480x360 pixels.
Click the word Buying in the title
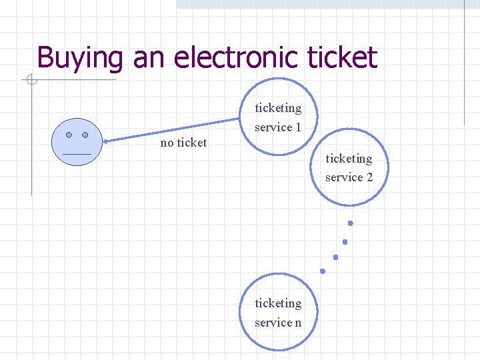point(79,58)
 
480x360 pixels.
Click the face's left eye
point(69,135)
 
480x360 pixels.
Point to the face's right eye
point(85,135)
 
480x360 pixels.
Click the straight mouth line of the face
point(77,154)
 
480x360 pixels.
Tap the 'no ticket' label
point(183,143)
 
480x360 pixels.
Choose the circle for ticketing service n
point(278,313)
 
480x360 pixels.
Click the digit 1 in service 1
point(298,127)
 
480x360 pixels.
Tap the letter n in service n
point(297,323)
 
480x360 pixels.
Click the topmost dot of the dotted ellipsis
point(350,223)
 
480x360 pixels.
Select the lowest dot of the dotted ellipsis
point(323,271)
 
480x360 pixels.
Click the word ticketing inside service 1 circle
point(278,108)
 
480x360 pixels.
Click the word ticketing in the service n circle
point(278,303)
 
